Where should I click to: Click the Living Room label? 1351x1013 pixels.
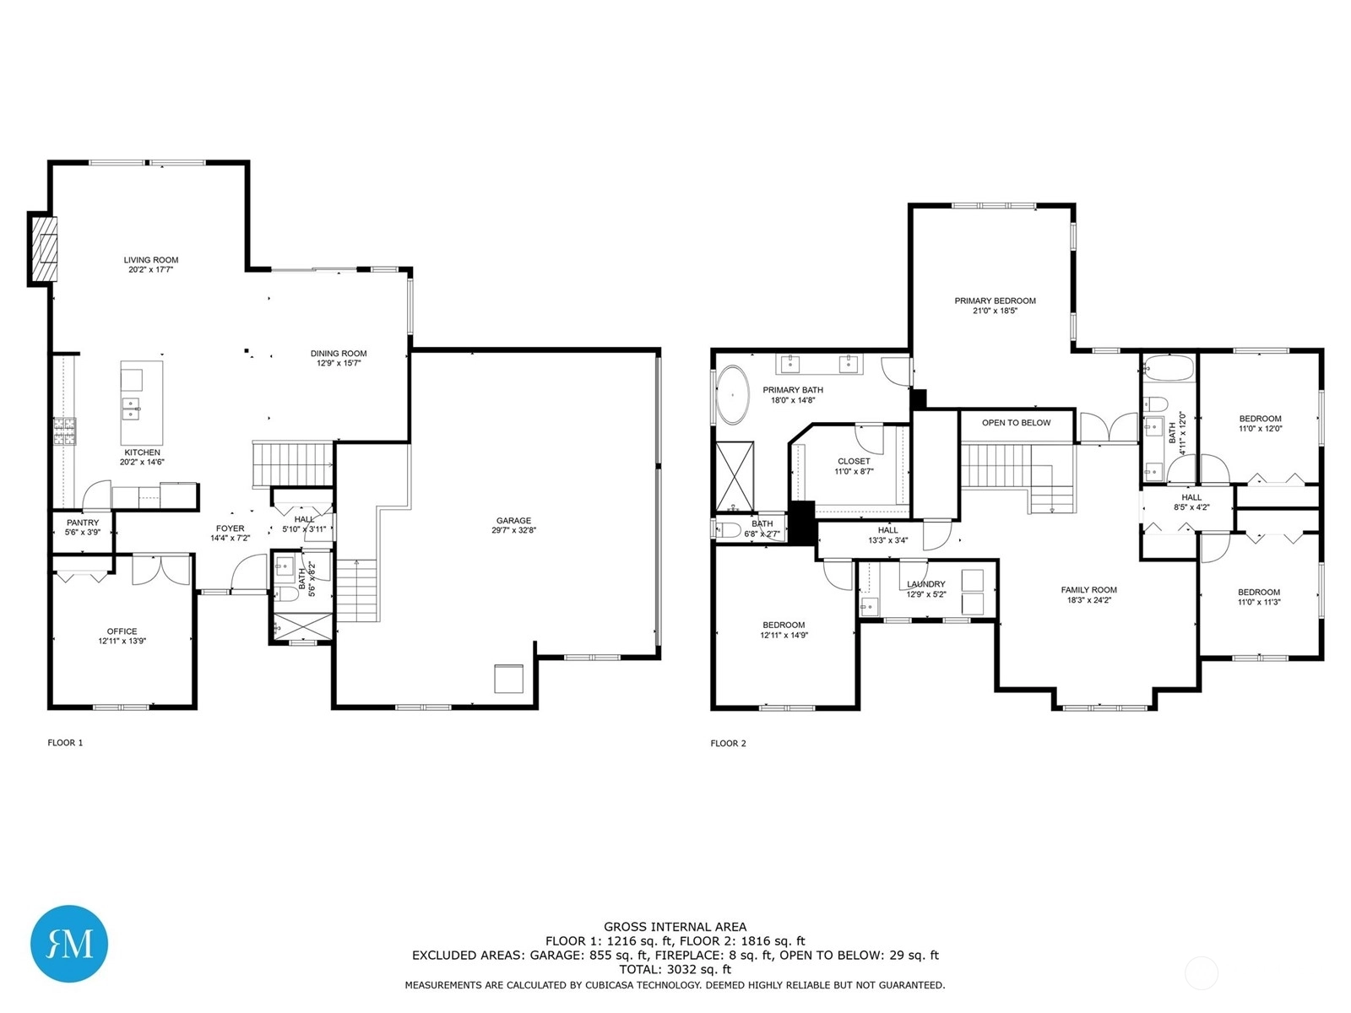(151, 259)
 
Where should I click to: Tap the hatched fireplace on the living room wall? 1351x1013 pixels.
(42, 249)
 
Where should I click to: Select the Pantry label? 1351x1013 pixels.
(83, 523)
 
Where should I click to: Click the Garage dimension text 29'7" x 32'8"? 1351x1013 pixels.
(513, 530)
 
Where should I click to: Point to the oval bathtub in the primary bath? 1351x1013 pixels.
(732, 395)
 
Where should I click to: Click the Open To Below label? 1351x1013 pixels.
(1016, 423)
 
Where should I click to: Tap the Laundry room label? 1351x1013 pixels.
(925, 584)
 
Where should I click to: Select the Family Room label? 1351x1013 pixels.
(1088, 590)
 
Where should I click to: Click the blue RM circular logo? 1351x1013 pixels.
(69, 942)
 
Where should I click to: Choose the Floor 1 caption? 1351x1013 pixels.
(65, 742)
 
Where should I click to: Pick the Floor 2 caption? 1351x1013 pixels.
(728, 743)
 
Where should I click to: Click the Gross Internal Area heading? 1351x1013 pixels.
(675, 927)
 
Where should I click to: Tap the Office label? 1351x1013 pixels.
(122, 631)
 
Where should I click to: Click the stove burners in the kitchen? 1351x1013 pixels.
(65, 431)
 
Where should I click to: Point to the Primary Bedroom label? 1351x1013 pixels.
(996, 301)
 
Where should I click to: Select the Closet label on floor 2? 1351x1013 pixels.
(854, 461)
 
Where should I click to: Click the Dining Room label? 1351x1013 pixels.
(339, 354)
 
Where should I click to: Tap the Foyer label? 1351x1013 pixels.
(231, 528)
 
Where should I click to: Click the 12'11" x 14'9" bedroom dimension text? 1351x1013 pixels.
(784, 636)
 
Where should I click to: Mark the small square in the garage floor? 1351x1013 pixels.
(508, 679)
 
